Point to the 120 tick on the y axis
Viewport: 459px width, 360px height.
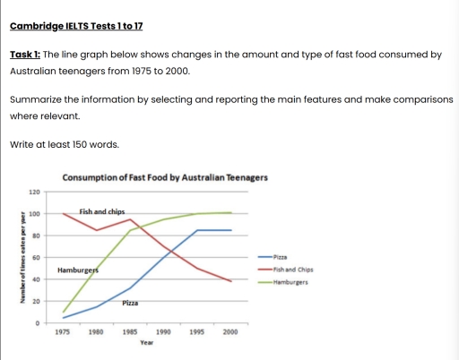pyautogui.click(x=35, y=192)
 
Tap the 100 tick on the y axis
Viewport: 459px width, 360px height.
pyautogui.click(x=35, y=214)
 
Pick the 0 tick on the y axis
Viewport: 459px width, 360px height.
pyautogui.click(x=38, y=322)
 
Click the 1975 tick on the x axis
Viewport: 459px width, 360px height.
pyautogui.click(x=63, y=331)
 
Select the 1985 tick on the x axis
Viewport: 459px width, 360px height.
pyautogui.click(x=130, y=331)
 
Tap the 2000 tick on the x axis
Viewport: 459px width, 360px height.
pyautogui.click(x=230, y=331)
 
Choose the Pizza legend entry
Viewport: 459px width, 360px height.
pyautogui.click(x=279, y=257)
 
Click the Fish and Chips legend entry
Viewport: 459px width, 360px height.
pyautogui.click(x=290, y=269)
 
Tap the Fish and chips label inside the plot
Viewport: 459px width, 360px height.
pyautogui.click(x=101, y=211)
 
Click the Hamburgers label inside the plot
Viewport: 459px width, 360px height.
pyautogui.click(x=77, y=270)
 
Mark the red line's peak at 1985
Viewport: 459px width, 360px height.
pyautogui.click(x=131, y=219)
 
